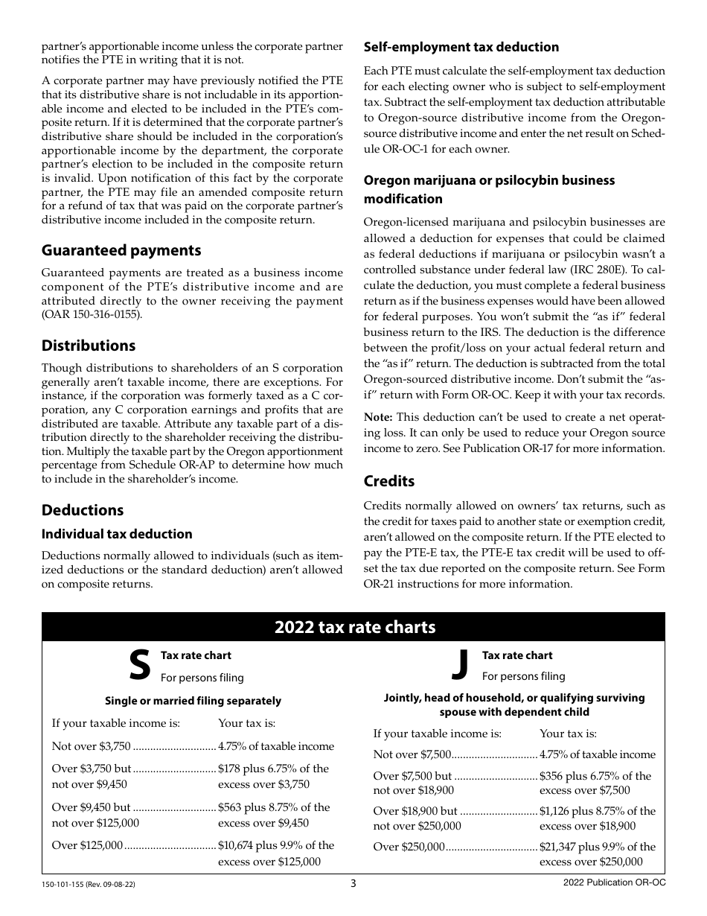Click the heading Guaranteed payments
121,250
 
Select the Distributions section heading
89,346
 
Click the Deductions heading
83,510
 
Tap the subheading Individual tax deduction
117,534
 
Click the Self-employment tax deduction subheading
461,47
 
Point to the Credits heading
388,481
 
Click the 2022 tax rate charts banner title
354,627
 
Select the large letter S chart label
139,665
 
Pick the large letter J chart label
461,664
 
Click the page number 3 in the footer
353,884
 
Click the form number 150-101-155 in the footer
65,885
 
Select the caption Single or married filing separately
193,701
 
